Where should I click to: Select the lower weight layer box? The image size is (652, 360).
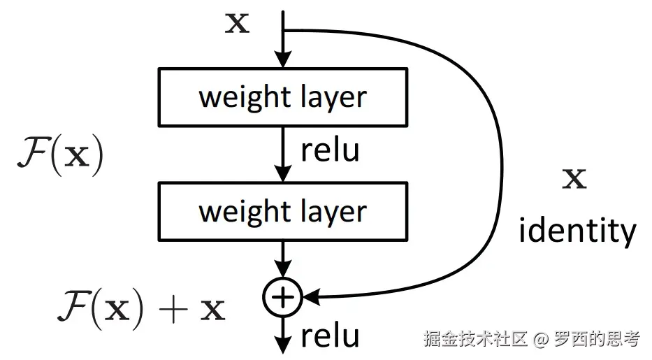[283, 210]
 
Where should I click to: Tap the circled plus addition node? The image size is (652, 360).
[282, 297]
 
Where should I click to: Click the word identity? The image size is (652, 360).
[577, 230]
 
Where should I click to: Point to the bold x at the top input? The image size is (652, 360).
[236, 24]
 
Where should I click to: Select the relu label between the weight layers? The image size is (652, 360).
[330, 151]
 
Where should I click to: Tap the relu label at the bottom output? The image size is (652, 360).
[330, 336]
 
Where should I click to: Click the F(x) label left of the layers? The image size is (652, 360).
[59, 155]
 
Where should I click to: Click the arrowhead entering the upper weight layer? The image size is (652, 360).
[282, 59]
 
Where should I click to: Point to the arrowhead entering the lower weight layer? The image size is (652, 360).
[282, 174]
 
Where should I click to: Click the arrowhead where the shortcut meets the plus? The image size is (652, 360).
[312, 298]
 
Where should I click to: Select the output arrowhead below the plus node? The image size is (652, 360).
[282, 343]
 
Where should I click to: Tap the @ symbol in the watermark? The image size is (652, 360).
[539, 339]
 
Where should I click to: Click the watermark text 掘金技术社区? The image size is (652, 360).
[475, 339]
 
